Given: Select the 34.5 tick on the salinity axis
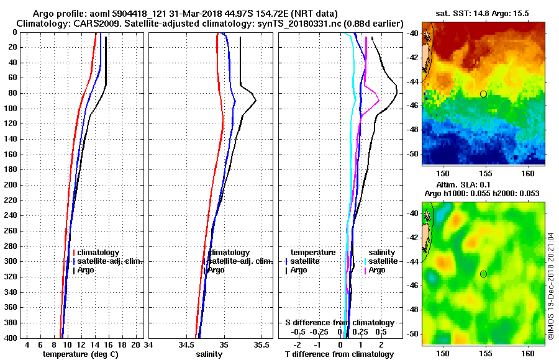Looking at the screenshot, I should point(186,344).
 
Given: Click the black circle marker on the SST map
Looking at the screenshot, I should point(483,94).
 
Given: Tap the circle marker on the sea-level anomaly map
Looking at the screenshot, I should point(483,274).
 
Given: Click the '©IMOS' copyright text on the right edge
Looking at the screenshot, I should point(551,286).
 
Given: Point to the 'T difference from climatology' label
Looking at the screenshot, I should point(338,354).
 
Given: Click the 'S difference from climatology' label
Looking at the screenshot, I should point(339,323).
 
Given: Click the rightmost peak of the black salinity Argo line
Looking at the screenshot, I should point(255,101).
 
